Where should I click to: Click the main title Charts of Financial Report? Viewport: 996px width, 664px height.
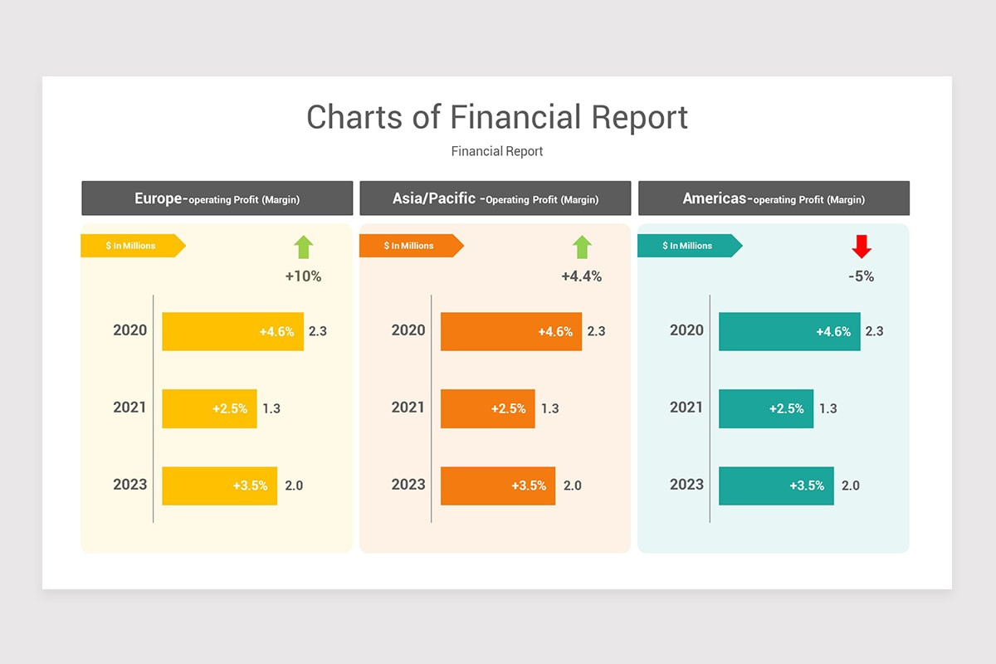tap(497, 117)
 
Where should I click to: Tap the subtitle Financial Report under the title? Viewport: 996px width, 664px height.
tap(497, 151)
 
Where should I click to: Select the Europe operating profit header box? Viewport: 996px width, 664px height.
tap(217, 198)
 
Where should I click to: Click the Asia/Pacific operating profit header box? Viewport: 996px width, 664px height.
tap(496, 198)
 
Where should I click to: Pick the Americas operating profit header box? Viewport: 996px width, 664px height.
tap(774, 198)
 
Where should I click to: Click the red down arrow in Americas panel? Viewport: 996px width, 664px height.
tap(862, 247)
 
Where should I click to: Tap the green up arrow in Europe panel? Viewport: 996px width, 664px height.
tap(304, 247)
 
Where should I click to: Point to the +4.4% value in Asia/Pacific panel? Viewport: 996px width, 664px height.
tap(581, 276)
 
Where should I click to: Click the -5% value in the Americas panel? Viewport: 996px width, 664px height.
tap(861, 276)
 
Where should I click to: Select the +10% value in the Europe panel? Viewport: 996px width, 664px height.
tap(303, 276)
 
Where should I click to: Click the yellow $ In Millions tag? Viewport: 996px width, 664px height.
tap(131, 246)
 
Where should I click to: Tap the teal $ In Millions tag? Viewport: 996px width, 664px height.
tap(688, 246)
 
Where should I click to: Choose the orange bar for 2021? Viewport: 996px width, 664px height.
tap(488, 408)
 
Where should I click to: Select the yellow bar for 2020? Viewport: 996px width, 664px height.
tap(232, 331)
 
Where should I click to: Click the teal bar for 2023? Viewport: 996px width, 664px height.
tap(776, 486)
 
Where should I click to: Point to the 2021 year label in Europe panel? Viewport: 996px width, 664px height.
tap(129, 408)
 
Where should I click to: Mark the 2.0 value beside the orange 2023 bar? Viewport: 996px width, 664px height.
tap(573, 486)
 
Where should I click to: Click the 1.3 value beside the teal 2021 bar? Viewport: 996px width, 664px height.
tap(828, 408)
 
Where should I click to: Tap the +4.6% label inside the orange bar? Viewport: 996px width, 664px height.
tap(555, 332)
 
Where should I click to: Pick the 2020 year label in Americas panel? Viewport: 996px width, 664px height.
tap(686, 330)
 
